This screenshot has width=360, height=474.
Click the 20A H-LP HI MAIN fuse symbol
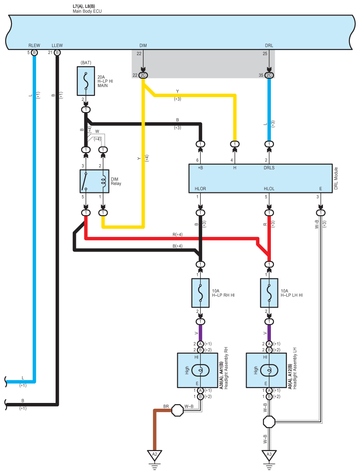(x=86, y=81)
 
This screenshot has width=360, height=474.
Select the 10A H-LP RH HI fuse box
(x=200, y=293)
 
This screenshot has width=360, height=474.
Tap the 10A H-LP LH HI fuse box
(x=269, y=293)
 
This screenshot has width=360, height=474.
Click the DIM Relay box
(x=94, y=181)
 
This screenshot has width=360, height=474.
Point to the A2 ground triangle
(x=155, y=455)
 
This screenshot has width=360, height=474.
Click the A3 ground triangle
(x=269, y=455)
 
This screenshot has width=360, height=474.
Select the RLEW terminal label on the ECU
(x=34, y=45)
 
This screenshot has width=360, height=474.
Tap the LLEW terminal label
(x=57, y=45)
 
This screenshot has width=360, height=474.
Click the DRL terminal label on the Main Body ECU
(x=269, y=45)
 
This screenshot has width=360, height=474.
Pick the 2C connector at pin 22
(x=143, y=75)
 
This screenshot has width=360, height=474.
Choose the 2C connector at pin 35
(x=269, y=75)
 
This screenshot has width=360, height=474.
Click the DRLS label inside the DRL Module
(x=269, y=168)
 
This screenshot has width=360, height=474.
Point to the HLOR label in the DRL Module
(x=200, y=188)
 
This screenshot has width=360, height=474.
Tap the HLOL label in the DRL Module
(x=269, y=188)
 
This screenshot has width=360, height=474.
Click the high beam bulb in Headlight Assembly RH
(x=200, y=370)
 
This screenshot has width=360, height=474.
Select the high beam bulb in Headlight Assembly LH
(x=269, y=370)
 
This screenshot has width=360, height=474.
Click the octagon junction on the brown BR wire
(x=177, y=410)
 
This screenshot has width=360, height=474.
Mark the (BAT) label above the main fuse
(x=86, y=63)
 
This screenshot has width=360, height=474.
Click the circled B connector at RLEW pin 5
(x=34, y=53)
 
